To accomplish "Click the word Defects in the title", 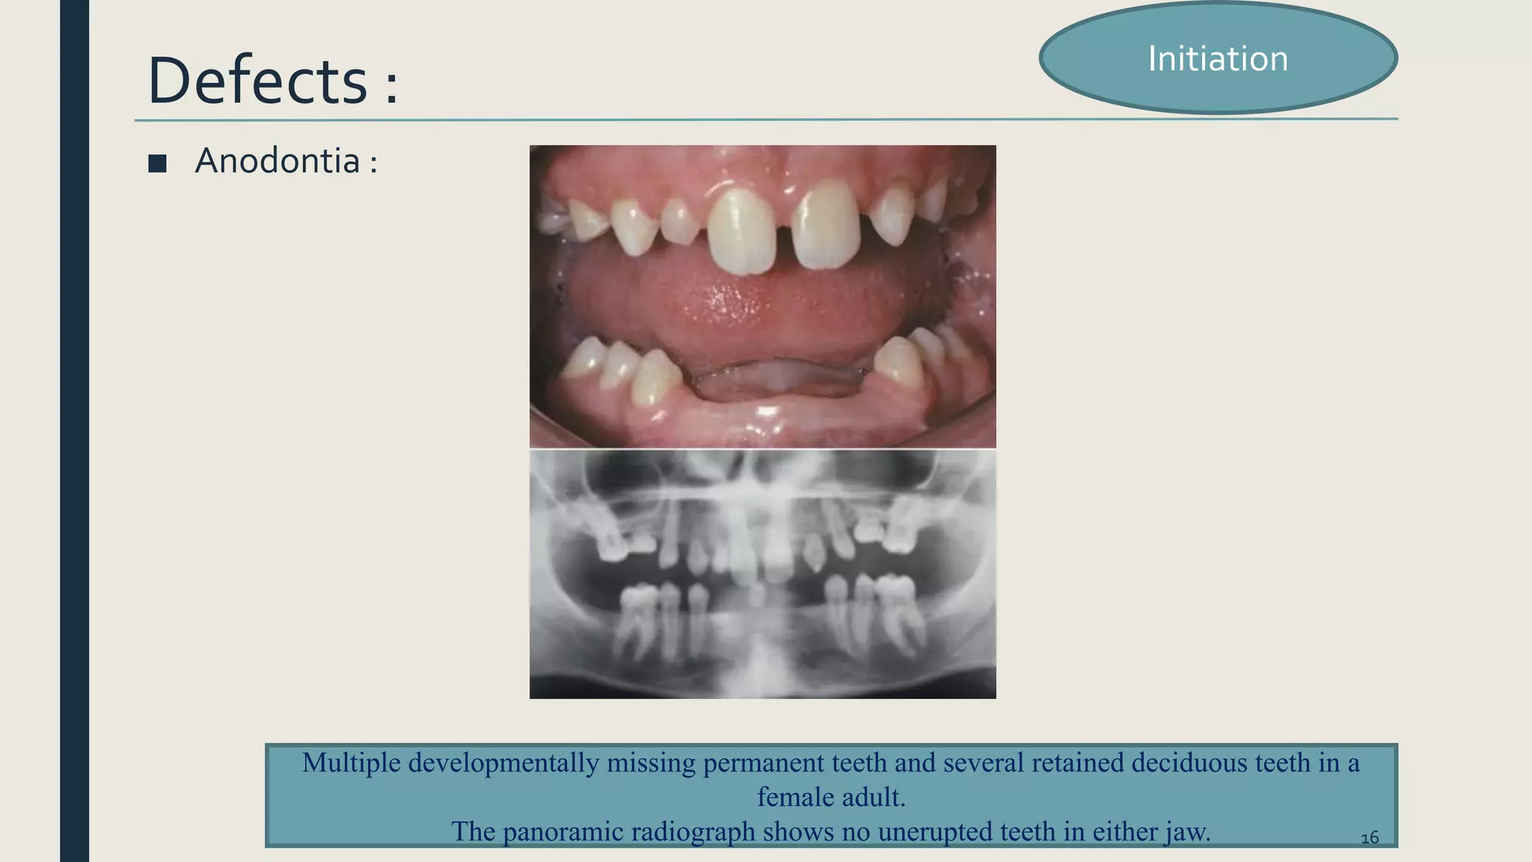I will click(x=257, y=81).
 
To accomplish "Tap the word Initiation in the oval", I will click(x=1218, y=59).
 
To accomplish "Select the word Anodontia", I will click(x=277, y=161).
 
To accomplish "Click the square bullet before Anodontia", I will click(x=157, y=163).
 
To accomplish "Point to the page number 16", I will click(x=1369, y=837).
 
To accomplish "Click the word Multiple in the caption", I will click(x=352, y=762).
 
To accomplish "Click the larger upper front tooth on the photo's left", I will click(x=741, y=230).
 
